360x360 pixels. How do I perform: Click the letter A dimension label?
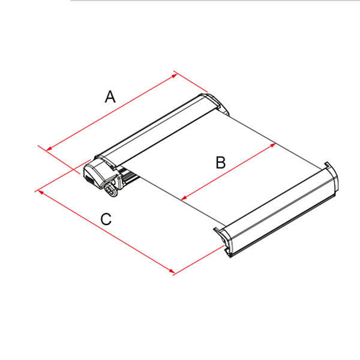click(110, 97)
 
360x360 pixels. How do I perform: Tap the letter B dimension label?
click(221, 163)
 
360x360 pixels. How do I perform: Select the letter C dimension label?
click(106, 219)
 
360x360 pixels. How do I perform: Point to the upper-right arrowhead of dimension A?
click(175, 76)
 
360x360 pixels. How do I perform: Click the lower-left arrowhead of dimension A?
click(49, 149)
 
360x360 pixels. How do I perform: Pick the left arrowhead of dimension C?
click(41, 192)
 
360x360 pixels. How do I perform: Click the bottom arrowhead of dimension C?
click(171, 271)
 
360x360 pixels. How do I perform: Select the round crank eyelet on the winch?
click(110, 190)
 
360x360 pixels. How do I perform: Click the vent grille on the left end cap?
click(89, 179)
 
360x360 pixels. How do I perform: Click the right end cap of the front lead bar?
click(332, 177)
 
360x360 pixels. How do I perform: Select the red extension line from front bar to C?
click(199, 260)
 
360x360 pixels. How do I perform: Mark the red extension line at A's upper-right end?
click(191, 81)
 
